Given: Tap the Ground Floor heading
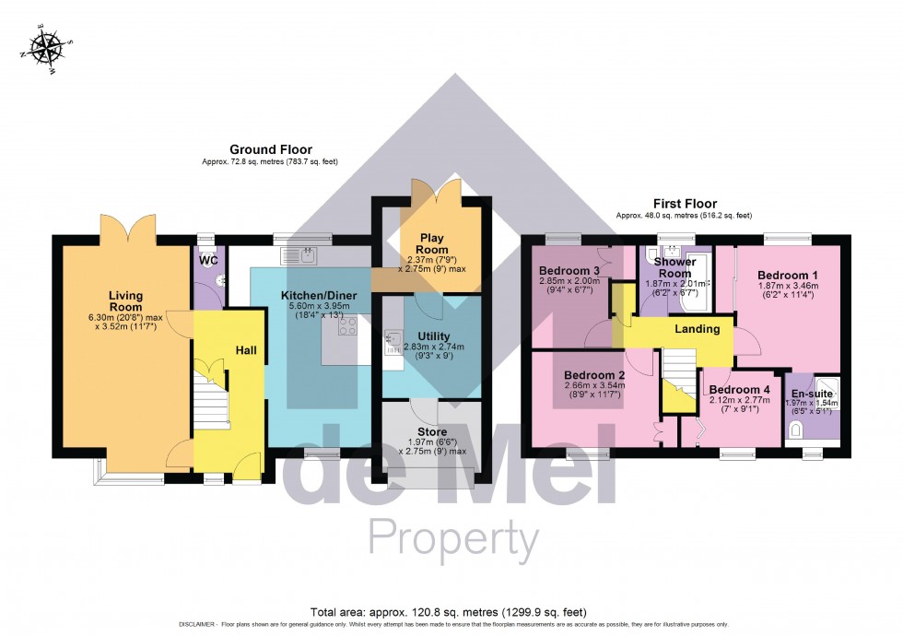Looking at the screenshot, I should [270, 149].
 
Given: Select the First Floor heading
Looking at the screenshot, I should [684, 204].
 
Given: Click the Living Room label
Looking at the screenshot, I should [121, 301].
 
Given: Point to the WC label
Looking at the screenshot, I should [207, 260].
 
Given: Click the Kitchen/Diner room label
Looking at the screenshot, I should [312, 295].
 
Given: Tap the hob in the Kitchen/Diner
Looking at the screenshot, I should [347, 326].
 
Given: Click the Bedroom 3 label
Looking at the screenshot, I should [569, 270].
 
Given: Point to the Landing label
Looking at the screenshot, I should [697, 329].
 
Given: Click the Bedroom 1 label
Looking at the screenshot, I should [787, 275].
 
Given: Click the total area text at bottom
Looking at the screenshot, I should [448, 612].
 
